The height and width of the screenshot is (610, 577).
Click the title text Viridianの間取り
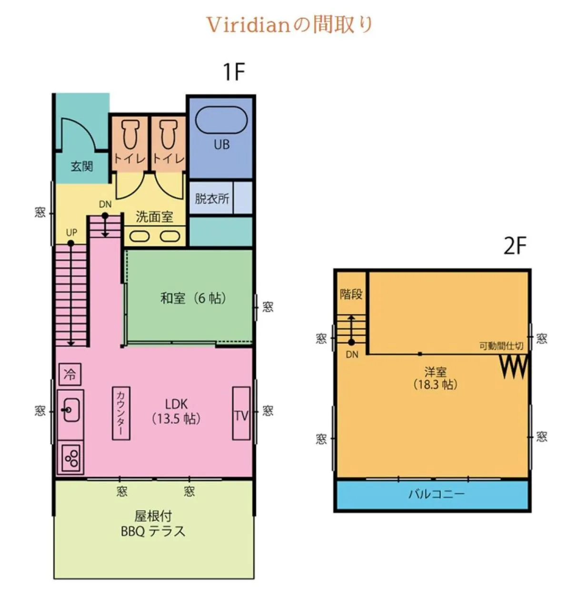(288, 25)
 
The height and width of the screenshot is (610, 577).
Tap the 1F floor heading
(233, 72)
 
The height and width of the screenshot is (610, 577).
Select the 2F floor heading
(515, 246)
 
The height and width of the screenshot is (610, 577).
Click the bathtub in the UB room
(221, 121)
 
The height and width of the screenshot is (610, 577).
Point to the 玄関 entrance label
(82, 166)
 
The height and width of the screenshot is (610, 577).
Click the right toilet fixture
(168, 135)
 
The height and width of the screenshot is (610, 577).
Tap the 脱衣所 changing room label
(212, 198)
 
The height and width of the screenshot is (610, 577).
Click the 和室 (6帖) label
(193, 298)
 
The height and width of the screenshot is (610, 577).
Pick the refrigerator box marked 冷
(70, 374)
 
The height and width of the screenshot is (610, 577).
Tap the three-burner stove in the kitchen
(71, 458)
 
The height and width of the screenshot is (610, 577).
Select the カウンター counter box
(121, 413)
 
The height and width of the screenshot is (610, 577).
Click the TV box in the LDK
(241, 414)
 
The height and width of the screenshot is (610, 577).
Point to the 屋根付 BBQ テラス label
(153, 524)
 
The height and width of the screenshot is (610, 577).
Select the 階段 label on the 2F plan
(351, 294)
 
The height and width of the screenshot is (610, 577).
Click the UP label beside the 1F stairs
(71, 233)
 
